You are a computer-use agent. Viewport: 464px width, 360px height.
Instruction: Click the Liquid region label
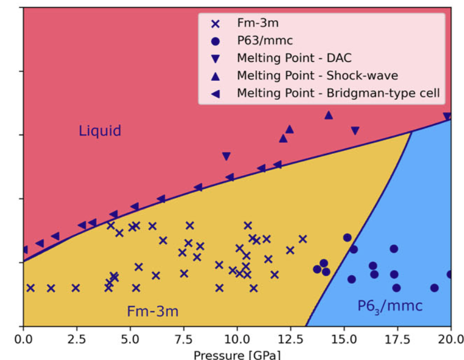pyautogui.click(x=100, y=131)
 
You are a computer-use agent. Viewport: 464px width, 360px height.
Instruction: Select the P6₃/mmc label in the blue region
pyautogui.click(x=389, y=306)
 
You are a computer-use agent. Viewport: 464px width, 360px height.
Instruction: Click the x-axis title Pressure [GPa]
pyautogui.click(x=236, y=354)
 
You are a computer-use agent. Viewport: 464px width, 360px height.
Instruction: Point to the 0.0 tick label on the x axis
pyautogui.click(x=23, y=339)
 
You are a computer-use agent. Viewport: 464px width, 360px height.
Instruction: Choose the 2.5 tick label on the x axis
pyautogui.click(x=76, y=339)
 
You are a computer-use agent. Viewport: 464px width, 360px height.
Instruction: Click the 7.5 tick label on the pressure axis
pyautogui.click(x=183, y=339)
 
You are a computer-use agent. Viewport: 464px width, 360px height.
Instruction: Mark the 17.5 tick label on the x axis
pyautogui.click(x=397, y=339)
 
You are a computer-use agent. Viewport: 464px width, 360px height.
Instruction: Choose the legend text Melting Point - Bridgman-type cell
pyautogui.click(x=338, y=93)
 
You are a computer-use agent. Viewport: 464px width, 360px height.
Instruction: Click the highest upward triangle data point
pyautogui.click(x=329, y=115)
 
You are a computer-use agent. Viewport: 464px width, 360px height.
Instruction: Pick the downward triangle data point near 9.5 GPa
pyautogui.click(x=226, y=156)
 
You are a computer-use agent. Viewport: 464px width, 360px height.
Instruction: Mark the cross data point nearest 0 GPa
pyautogui.click(x=30, y=288)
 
